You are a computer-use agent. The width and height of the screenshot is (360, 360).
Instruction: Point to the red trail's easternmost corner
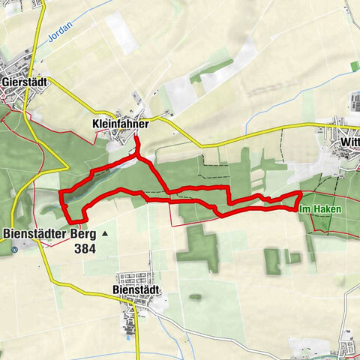pyautogui.click(x=301, y=193)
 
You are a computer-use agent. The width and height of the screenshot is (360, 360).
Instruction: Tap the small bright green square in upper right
pyautogui.click(x=355, y=66)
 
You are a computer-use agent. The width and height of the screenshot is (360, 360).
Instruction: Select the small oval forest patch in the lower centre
pyautogui.click(x=196, y=297)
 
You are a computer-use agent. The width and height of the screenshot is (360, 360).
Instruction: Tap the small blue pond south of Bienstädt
pyautogui.click(x=137, y=337)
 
